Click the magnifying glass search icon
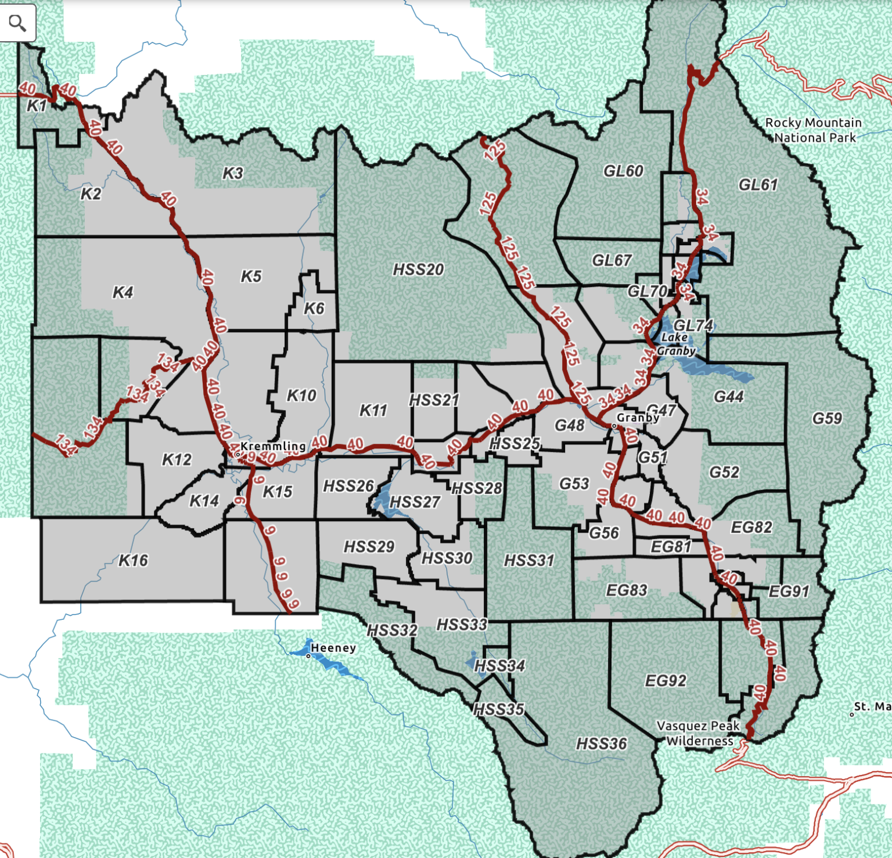coord(17,23)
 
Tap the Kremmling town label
coord(272,446)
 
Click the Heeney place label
coord(333,648)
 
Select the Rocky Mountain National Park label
coord(814,130)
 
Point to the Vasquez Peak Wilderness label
coord(699,733)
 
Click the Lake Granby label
coord(675,344)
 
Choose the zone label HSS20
coord(418,270)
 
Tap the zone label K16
coord(133,561)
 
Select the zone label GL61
coord(758,185)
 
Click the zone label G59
coord(827,418)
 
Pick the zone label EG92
coord(666,680)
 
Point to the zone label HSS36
coord(602,744)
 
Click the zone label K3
coord(232,173)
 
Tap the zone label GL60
coord(623,171)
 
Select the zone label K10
coord(301,396)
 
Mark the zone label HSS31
coord(529,561)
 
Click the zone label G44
coord(729,397)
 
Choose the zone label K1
coord(37,106)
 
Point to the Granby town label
coord(637,418)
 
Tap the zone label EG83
coord(626,590)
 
